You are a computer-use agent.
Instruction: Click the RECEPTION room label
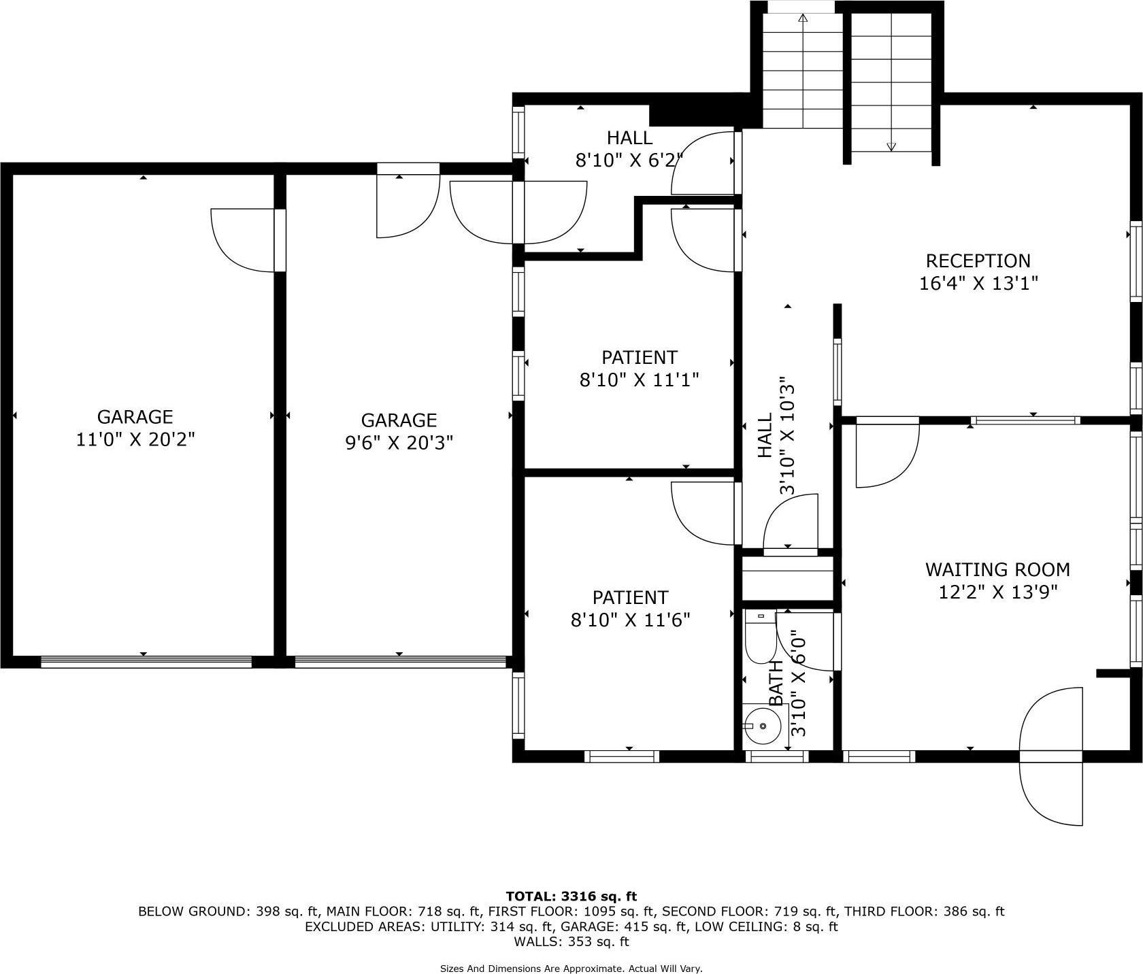(978, 261)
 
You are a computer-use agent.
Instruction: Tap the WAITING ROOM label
(997, 569)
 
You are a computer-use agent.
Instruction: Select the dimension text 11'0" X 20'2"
(135, 439)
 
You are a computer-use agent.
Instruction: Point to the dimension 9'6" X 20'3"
(399, 443)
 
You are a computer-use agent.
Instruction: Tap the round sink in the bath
(762, 726)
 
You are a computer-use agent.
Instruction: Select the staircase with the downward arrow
(891, 82)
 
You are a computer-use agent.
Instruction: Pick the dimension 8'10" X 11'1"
(639, 380)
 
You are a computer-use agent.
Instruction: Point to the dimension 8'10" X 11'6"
(630, 620)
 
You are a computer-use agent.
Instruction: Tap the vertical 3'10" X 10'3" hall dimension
(787, 436)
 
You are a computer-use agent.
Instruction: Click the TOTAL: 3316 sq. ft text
(571, 896)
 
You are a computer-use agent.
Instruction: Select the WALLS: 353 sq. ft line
(571, 942)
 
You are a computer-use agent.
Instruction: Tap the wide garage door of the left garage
(146, 662)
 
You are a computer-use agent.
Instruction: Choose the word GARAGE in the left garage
(135, 416)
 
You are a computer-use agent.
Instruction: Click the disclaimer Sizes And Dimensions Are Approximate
(571, 969)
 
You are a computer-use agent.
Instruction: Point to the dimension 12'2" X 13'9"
(997, 592)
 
